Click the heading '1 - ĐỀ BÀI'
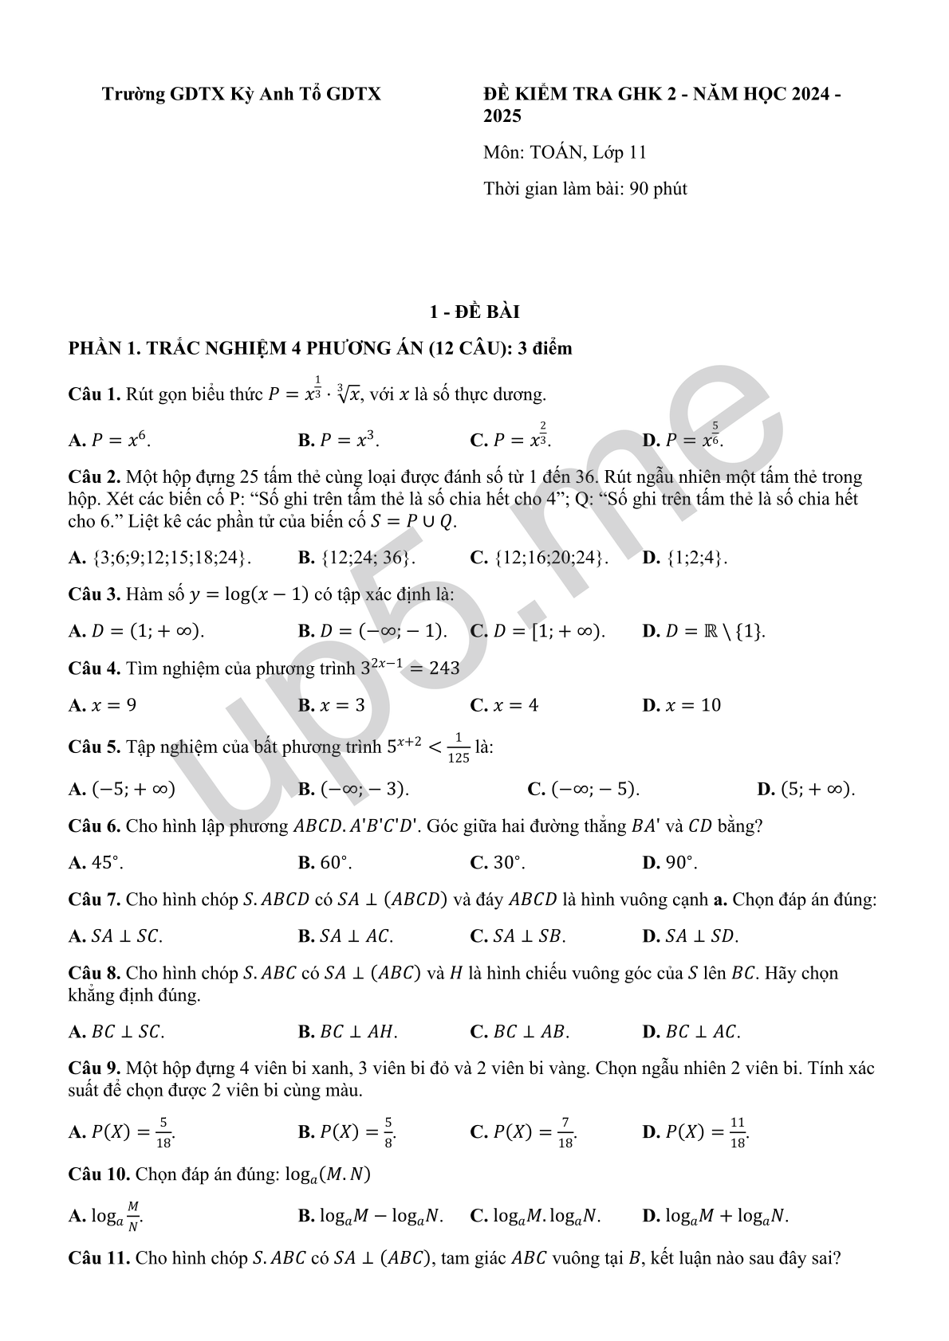coord(474,312)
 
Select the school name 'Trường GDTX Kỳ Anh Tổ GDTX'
coord(241,94)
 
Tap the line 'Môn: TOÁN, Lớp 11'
coord(565,152)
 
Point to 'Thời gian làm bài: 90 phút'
coord(585,189)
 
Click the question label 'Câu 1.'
coord(94,394)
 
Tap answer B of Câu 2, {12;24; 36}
coord(356,557)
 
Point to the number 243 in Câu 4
coord(444,669)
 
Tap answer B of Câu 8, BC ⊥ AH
coord(348,1032)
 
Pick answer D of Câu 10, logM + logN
coord(715,1216)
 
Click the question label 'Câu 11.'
coord(99,1258)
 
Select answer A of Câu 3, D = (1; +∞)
coord(136,631)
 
